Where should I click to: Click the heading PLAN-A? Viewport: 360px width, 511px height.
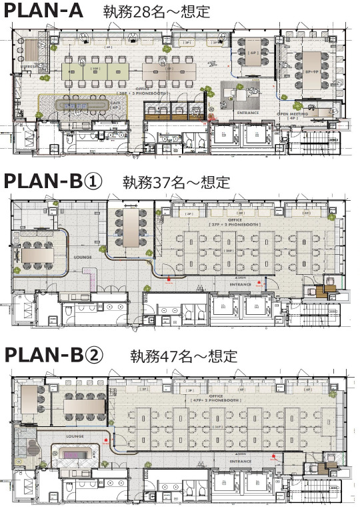(46, 13)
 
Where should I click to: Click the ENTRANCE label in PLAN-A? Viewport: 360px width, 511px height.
(248, 114)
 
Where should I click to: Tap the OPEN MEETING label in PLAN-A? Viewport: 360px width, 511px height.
(294, 114)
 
